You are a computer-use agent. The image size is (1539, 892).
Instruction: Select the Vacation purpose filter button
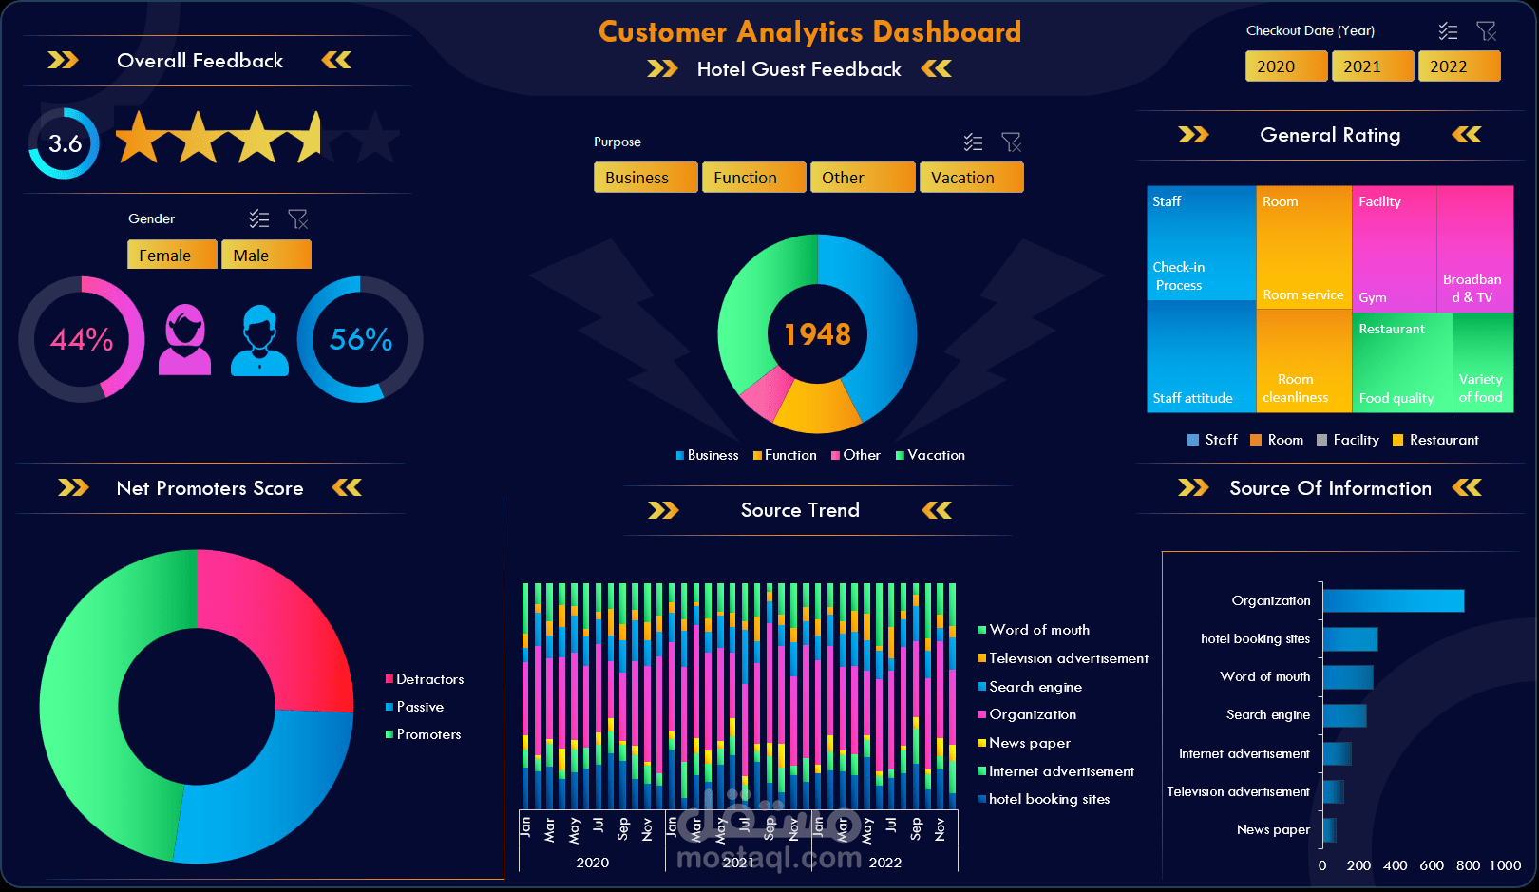[x=971, y=178]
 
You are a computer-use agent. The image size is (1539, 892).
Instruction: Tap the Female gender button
[x=172, y=255]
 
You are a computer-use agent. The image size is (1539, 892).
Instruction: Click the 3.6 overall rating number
[x=65, y=143]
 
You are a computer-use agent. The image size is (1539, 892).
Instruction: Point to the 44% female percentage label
[x=81, y=339]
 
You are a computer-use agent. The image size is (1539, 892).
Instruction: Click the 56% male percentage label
[x=361, y=339]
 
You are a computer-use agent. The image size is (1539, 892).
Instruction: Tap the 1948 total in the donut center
[x=817, y=334]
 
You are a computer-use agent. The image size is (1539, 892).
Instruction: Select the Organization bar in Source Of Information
[x=1393, y=600]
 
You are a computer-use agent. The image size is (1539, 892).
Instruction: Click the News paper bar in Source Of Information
[x=1329, y=829]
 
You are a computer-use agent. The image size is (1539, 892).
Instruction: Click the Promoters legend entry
[x=428, y=734]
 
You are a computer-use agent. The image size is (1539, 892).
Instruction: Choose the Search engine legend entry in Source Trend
[x=1035, y=687]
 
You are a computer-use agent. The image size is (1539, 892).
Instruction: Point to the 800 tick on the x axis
[x=1468, y=865]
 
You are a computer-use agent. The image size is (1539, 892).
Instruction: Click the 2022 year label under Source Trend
[x=884, y=863]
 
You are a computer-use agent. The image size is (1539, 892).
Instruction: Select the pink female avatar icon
[x=185, y=340]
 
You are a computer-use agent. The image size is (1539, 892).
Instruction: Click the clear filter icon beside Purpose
[x=1011, y=142]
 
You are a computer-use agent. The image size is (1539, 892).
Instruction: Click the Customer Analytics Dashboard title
[x=809, y=31]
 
